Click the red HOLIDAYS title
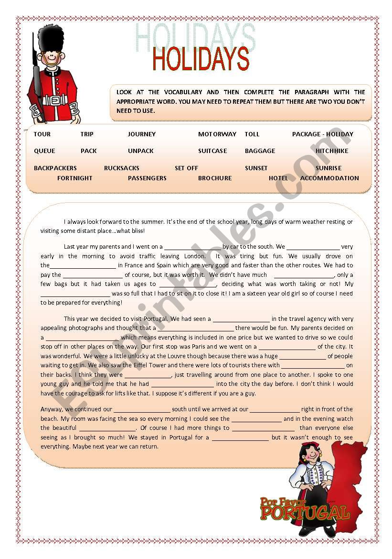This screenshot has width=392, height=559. click(x=201, y=59)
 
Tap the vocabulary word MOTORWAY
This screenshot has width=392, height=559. click(x=217, y=134)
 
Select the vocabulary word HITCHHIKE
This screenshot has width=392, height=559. click(x=332, y=151)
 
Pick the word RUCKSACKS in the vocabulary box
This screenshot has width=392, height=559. click(x=122, y=168)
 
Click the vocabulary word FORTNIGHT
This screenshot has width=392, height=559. click(x=74, y=178)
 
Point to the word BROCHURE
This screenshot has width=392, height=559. click(x=215, y=178)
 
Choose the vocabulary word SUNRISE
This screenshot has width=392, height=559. click(x=328, y=168)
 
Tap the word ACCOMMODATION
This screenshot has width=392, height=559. click(x=329, y=178)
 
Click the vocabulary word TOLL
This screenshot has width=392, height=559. click(x=252, y=134)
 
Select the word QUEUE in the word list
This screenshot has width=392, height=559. click(x=44, y=151)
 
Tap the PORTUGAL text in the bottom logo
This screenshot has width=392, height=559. click(x=305, y=514)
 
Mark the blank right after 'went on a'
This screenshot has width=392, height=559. click(x=192, y=247)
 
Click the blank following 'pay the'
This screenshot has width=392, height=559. click(x=93, y=275)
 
